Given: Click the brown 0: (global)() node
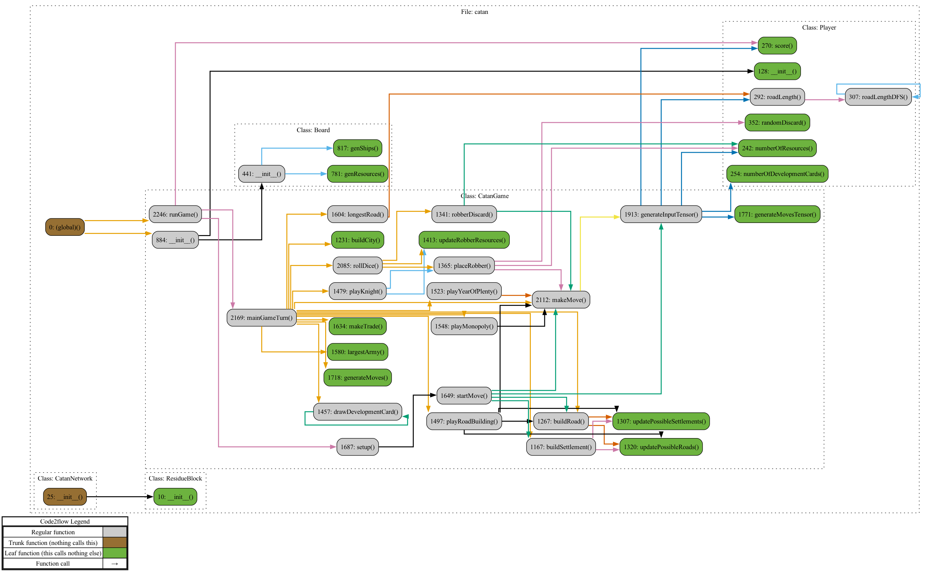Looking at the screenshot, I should point(65,227).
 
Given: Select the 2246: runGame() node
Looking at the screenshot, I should point(175,214).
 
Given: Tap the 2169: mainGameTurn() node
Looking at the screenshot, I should point(261,317).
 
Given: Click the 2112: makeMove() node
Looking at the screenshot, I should point(560,300).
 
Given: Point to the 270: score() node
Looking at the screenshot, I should point(777,45).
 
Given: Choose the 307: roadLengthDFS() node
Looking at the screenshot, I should point(878,97).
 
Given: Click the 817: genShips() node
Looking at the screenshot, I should point(357,148).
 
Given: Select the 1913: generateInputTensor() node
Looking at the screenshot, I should point(661,214).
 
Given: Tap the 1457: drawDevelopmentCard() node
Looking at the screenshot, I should point(357,412).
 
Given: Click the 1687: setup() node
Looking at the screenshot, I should point(357,447).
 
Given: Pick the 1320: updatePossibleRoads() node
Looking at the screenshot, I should point(661,447).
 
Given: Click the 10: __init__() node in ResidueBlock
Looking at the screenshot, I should point(175,497).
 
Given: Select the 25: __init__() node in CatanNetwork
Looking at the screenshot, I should point(65,497).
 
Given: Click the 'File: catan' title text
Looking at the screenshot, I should point(474,12).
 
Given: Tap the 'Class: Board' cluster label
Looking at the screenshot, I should point(313,130).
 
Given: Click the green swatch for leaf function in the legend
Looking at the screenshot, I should point(115,553).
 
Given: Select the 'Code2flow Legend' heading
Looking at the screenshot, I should point(65,521).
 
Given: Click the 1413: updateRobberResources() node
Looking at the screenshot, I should point(464,240).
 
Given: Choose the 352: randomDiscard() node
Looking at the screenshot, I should point(777,123).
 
